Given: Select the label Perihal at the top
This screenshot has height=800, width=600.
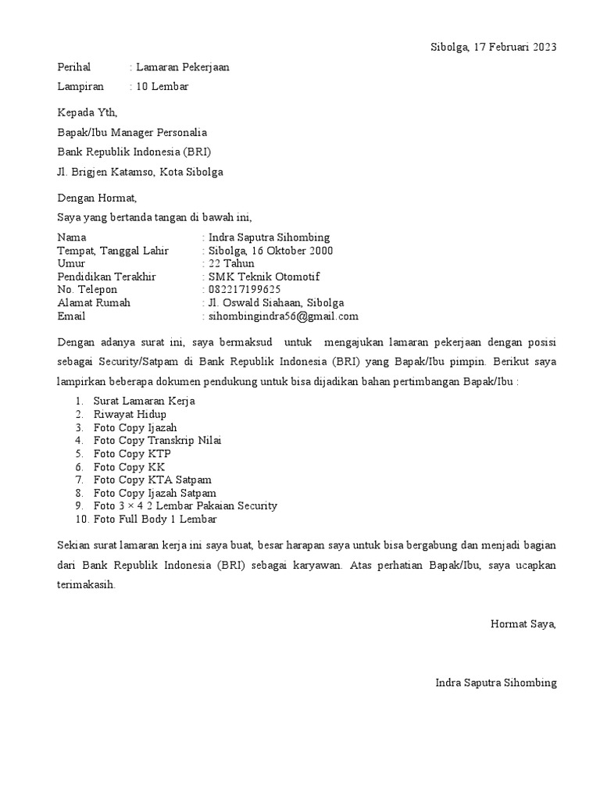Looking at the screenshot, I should [74, 68].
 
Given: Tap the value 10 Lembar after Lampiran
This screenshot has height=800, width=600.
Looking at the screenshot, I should [162, 87].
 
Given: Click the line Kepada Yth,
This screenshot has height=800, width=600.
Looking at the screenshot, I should [87, 113].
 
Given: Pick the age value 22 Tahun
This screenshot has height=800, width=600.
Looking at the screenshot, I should [226, 264].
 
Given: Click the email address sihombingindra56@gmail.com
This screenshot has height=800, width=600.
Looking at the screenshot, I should [282, 316].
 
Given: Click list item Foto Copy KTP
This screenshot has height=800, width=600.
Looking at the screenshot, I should [132, 453].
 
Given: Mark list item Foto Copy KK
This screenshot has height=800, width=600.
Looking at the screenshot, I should [129, 466].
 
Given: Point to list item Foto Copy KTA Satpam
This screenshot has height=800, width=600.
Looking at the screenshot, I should [152, 480].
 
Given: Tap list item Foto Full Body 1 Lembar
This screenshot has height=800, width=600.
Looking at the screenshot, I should [155, 519].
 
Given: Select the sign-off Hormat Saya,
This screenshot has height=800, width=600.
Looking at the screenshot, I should [523, 623].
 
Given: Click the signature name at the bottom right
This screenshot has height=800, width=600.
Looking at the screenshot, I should [496, 683].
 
